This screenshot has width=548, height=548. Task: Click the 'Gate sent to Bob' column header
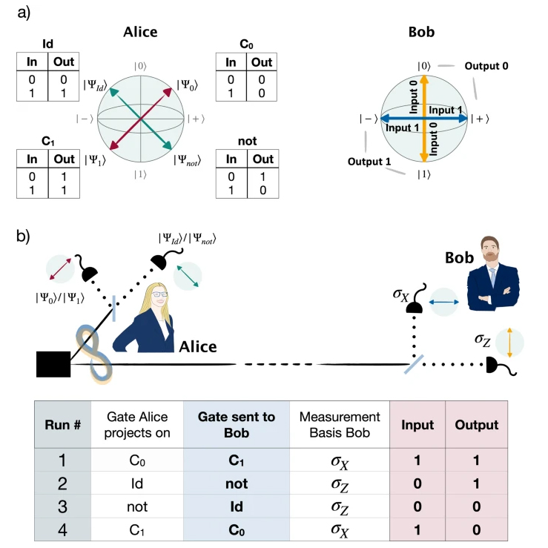[237, 425]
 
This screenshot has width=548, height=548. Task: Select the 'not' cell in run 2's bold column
[237, 483]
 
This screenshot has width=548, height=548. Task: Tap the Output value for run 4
[476, 529]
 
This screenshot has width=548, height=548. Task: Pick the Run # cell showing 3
[62, 506]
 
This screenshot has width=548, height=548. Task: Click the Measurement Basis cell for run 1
[340, 461]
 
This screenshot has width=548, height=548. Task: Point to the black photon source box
[53, 364]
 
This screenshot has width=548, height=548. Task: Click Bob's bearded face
[490, 250]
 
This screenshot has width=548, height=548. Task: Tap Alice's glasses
[159, 294]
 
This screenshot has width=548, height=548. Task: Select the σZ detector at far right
[501, 366]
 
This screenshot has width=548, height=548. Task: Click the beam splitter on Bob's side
[414, 364]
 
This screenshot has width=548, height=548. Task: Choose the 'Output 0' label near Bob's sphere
[486, 66]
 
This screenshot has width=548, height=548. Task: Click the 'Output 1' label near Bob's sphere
[369, 162]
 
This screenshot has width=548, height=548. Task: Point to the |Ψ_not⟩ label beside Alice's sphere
[188, 160]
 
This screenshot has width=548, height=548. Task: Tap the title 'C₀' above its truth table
[246, 44]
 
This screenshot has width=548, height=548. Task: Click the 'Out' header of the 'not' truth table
[263, 159]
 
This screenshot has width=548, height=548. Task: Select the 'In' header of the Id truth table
[32, 62]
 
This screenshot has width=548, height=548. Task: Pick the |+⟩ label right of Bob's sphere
[480, 119]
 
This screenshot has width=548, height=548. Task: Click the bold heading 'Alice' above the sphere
[140, 32]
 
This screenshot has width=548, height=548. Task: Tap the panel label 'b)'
[23, 237]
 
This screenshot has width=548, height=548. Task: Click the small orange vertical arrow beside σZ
[509, 343]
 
